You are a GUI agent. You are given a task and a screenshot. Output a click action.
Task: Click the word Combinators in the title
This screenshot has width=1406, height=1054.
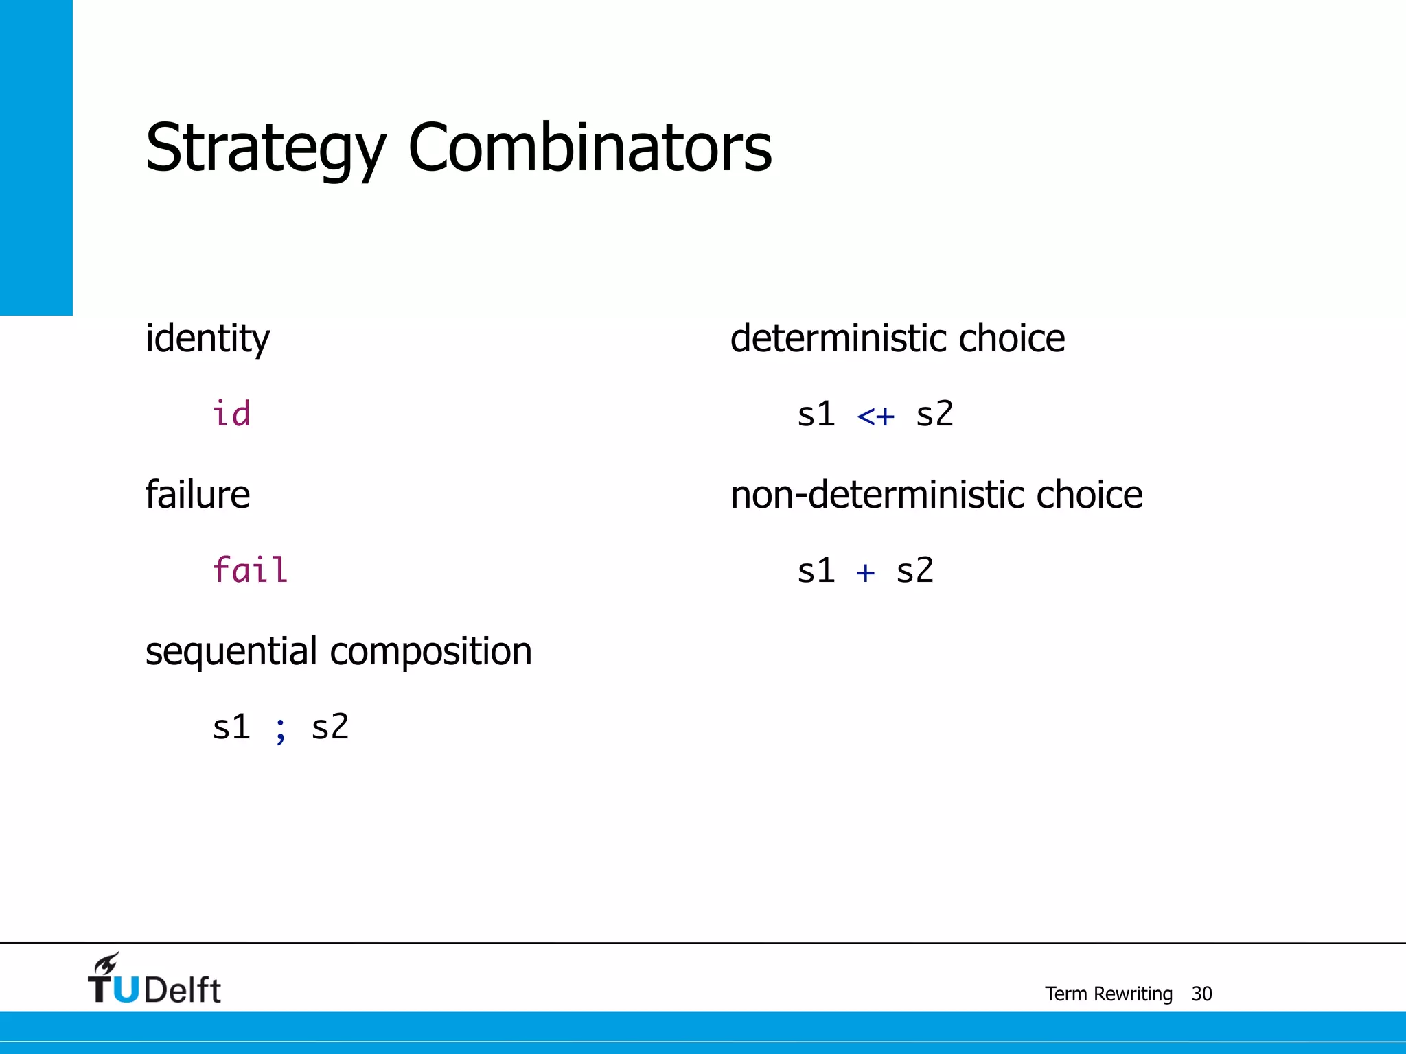(590, 148)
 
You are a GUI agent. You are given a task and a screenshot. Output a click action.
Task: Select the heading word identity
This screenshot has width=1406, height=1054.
(207, 339)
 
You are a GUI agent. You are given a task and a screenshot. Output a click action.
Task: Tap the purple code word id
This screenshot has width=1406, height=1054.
(231, 414)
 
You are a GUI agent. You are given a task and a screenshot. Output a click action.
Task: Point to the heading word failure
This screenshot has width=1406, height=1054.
(198, 495)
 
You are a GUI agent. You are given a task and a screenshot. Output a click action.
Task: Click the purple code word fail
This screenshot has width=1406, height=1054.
(250, 570)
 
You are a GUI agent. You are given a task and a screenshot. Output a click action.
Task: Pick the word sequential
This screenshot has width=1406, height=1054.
(231, 651)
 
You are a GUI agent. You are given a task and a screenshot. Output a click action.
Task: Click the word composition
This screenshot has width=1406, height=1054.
(430, 651)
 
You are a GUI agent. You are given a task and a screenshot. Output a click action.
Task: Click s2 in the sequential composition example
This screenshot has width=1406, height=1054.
(330, 727)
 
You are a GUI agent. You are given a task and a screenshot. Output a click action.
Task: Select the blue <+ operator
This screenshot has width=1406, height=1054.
(876, 416)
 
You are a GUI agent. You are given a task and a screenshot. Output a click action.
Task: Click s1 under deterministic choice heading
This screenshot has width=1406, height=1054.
(816, 414)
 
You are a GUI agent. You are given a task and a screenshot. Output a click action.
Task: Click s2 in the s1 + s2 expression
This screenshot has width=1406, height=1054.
(915, 570)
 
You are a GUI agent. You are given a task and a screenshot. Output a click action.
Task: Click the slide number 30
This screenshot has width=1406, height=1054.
(1202, 994)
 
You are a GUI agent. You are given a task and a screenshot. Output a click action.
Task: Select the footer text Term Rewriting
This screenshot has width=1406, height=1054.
(1108, 994)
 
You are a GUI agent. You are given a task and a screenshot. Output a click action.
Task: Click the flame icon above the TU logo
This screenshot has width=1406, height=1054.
(107, 963)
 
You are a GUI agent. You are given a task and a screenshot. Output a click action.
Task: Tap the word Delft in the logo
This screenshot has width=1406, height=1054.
(183, 990)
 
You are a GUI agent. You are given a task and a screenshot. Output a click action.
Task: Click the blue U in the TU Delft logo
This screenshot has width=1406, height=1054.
(126, 989)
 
